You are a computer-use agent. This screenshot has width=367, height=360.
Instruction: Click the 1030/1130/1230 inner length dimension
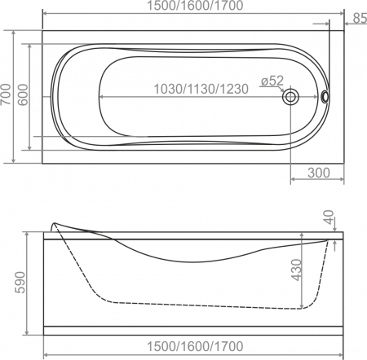[201, 89]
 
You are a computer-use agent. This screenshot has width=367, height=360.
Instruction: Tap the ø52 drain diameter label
[272, 81]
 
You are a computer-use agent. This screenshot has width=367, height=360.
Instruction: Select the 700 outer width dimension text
[7, 94]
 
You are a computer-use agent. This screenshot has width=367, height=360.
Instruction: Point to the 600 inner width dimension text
[23, 94]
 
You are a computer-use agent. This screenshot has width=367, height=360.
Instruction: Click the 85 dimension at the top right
[360, 18]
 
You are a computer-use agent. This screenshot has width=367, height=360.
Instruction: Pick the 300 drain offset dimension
[319, 173]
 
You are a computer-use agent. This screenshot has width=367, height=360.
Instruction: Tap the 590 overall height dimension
[20, 283]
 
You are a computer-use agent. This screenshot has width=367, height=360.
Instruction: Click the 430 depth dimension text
[296, 270]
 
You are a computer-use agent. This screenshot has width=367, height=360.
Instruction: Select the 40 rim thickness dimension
[329, 217]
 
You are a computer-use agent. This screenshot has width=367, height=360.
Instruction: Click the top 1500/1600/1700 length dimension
[195, 6]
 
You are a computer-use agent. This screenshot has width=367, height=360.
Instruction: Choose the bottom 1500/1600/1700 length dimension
[195, 346]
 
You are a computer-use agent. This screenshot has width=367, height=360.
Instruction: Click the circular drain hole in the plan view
[290, 97]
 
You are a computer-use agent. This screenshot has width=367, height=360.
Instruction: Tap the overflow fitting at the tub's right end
[325, 96]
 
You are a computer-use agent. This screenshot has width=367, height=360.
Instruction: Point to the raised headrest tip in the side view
[54, 224]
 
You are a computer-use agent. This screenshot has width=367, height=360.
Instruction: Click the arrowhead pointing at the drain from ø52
[282, 90]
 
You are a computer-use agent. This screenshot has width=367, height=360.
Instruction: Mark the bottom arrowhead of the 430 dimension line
[302, 306]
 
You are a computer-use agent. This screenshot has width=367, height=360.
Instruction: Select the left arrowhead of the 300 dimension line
[294, 179]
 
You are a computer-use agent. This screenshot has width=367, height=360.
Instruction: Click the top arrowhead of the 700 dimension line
[14, 33]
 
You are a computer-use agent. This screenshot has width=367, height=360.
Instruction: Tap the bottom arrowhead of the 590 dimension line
[27, 331]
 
